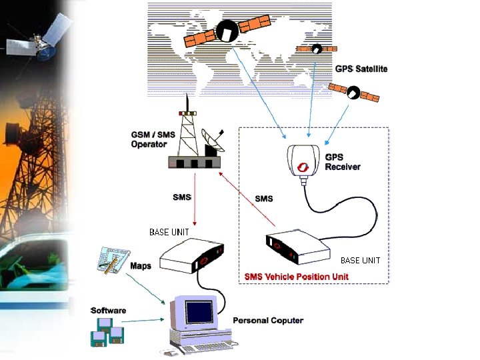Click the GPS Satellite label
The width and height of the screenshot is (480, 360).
(361, 69)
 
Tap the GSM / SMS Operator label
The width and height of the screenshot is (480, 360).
(153, 139)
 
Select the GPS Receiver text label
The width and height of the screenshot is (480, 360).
(343, 162)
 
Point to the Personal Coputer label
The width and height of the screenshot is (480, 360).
(268, 321)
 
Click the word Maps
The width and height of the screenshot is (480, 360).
(141, 266)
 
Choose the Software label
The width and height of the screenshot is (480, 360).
(109, 311)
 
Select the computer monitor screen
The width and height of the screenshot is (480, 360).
(200, 312)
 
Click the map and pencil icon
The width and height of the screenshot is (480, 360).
(113, 261)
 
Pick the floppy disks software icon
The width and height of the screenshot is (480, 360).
(107, 332)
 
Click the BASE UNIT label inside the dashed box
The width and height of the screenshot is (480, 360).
(360, 261)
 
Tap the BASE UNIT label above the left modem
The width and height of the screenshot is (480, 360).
(169, 232)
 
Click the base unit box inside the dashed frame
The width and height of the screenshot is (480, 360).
(297, 248)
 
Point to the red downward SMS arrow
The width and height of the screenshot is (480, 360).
(194, 200)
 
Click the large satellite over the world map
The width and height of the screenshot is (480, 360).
(227, 31)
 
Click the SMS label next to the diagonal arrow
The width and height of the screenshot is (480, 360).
(264, 198)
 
